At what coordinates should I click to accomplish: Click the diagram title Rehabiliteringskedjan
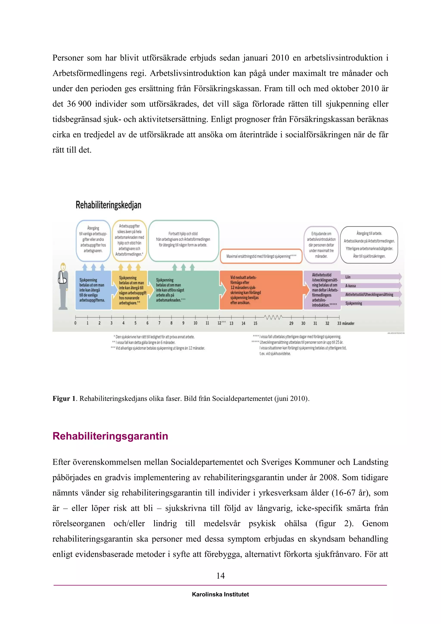point(108,205)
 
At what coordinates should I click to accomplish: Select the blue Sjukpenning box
point(93,290)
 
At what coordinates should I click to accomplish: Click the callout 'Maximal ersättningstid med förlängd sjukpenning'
point(261,256)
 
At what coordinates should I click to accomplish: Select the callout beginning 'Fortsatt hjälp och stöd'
point(183,240)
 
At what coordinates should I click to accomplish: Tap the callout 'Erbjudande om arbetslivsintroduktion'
point(321,245)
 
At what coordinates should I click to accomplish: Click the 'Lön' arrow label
point(348,277)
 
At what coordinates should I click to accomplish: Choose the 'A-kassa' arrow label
point(350,286)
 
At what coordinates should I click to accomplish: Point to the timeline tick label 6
point(148,323)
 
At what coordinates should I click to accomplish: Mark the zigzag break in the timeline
point(273,317)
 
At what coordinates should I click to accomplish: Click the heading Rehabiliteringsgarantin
point(110,436)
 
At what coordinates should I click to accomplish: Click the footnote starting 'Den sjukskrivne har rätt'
point(155,337)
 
